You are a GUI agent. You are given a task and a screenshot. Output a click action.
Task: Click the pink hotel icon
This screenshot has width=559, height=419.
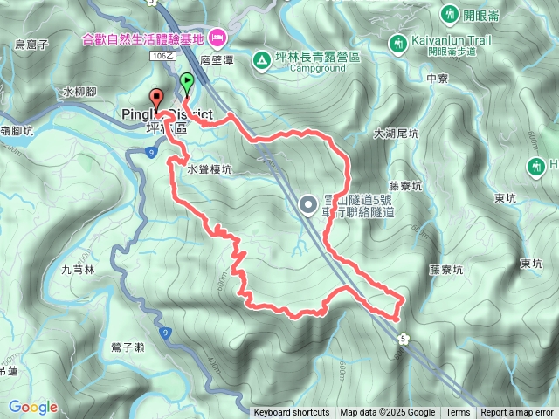pyautogui.click(x=217, y=37)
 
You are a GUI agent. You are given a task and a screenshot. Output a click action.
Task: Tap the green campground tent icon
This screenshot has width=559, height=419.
pyautogui.click(x=260, y=60)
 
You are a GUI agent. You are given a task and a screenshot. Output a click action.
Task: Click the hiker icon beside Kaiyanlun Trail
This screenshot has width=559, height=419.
pyautogui.click(x=398, y=43)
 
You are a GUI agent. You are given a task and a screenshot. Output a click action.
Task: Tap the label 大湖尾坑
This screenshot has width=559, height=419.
pyautogui.click(x=397, y=134)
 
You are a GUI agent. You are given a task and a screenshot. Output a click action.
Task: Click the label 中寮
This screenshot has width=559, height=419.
pyautogui.click(x=438, y=78)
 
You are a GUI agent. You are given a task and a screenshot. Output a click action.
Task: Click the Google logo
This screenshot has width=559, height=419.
pyautogui.click(x=32, y=407)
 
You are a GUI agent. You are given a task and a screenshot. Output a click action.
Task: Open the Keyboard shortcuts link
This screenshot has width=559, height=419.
pyautogui.click(x=291, y=413)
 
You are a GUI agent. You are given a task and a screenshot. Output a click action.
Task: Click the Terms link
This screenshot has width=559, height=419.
pyautogui.click(x=458, y=413)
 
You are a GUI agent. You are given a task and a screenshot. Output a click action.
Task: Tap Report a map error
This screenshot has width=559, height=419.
pyautogui.click(x=517, y=413)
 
